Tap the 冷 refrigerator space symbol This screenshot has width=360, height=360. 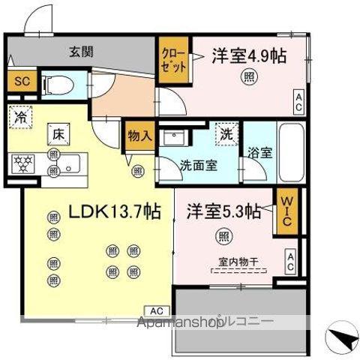pos(19,118)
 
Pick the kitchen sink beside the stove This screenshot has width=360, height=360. pos(72,163)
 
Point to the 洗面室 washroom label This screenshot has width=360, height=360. pos(199,166)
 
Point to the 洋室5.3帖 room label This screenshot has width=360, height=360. pos(223,211)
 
